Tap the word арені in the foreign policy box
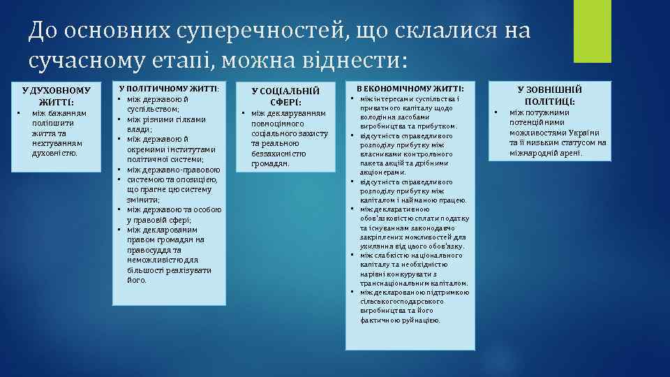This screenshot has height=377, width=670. tap(570, 153)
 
